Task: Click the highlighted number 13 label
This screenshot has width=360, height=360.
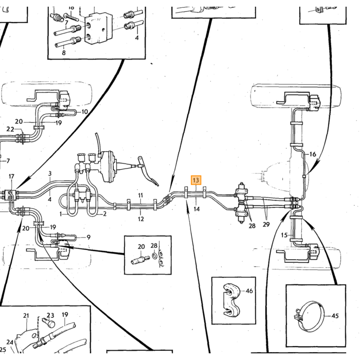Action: (196, 180)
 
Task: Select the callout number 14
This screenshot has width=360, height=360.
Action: (196, 209)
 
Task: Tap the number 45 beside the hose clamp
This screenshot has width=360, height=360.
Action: (335, 316)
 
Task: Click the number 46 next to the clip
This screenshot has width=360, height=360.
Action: (249, 291)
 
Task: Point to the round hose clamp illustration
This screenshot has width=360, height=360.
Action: (310, 317)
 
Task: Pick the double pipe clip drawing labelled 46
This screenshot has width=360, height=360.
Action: (231, 300)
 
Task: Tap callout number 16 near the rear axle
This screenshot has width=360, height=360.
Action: (313, 154)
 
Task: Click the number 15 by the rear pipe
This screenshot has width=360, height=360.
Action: (284, 235)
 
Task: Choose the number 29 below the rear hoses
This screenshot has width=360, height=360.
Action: (266, 224)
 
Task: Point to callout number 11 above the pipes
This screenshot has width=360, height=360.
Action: (141, 195)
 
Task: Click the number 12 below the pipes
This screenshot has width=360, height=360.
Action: (141, 219)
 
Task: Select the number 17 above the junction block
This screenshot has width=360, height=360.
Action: (11, 176)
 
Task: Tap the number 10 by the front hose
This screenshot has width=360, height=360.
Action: (85, 112)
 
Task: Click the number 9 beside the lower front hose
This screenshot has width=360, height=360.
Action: (88, 237)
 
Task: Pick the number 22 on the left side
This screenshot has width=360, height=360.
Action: (10, 129)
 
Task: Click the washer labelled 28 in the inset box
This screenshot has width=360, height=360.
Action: (154, 255)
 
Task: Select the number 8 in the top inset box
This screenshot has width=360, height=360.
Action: (64, 52)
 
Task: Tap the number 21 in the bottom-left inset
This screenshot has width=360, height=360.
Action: (26, 316)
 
